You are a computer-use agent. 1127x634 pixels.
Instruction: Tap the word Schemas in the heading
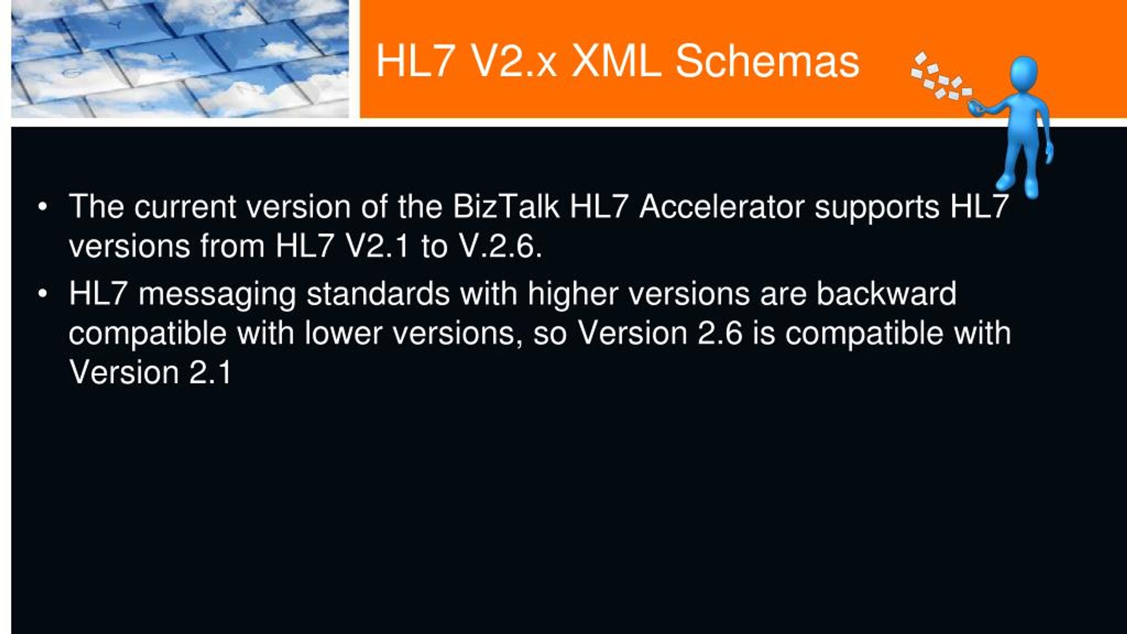click(767, 61)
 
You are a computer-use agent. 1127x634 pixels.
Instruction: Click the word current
click(185, 207)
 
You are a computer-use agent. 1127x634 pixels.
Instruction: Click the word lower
click(343, 333)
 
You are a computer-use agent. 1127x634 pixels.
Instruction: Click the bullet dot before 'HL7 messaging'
click(42, 294)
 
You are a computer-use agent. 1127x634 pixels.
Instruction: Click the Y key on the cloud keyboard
click(117, 26)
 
